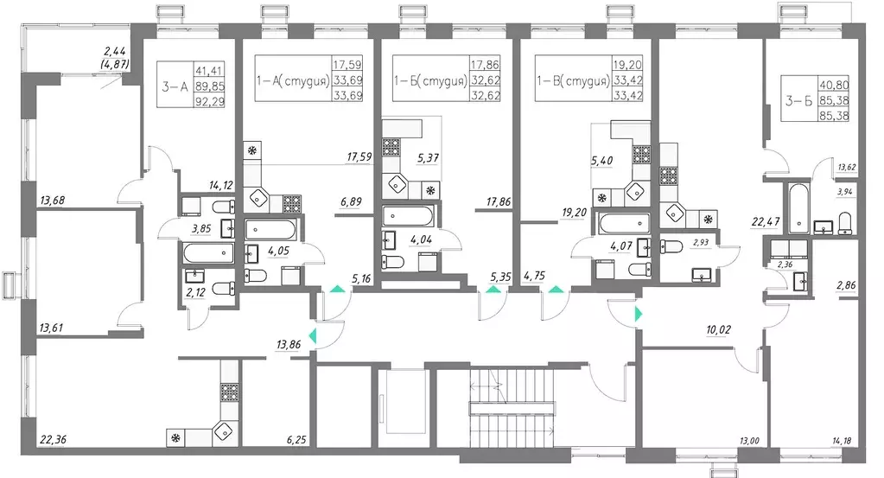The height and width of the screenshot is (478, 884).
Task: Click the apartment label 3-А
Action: point(175,86)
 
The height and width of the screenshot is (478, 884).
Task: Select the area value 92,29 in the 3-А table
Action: point(208,101)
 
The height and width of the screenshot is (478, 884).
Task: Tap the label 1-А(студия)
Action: point(293,80)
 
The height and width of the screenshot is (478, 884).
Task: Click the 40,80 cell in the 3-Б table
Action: point(835,85)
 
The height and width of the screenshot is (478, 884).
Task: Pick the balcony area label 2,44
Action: point(115,53)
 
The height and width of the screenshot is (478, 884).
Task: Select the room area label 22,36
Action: point(53,439)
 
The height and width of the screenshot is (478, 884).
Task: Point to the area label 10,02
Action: point(718,329)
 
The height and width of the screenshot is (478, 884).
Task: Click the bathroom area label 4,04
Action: point(421,239)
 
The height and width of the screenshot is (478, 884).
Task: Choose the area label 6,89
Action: point(351,201)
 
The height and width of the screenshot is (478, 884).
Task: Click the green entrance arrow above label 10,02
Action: point(639,314)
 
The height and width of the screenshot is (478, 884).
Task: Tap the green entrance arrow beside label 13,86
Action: point(313,336)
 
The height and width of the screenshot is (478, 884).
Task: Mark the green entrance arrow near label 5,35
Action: point(493,290)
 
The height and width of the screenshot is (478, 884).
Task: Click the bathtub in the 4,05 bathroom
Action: point(270,230)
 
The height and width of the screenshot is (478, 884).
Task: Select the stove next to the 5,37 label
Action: point(391,146)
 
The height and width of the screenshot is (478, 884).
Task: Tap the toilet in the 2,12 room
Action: point(226,288)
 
